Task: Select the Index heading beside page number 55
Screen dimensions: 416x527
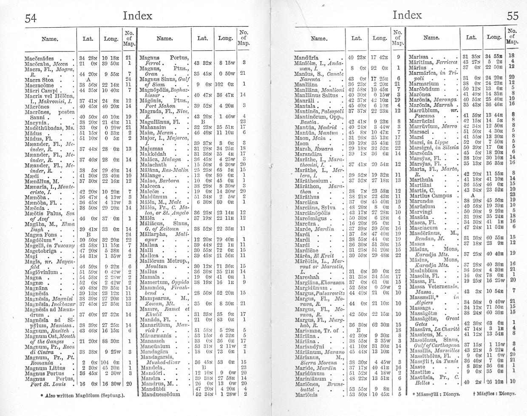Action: pos(407,16)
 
